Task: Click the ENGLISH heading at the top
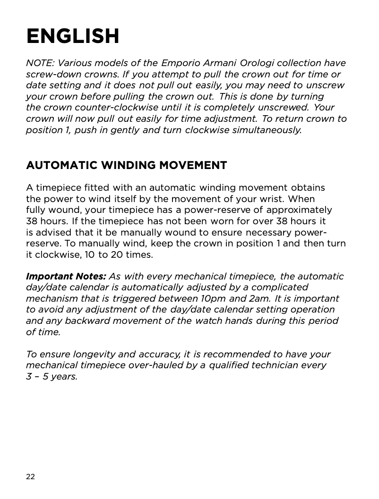73,36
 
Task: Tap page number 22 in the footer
30,477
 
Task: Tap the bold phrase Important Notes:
66,276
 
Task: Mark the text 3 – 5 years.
52,377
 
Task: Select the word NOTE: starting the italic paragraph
40,63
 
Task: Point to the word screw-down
49,75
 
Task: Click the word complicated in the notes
279,288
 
